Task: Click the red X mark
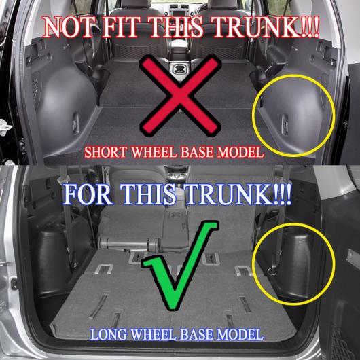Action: tap(180, 95)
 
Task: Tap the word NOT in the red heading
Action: tap(69, 27)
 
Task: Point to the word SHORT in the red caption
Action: tap(105, 152)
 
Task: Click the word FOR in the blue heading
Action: tap(88, 195)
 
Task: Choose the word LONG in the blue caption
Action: tap(108, 335)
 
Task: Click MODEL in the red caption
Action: tap(240, 152)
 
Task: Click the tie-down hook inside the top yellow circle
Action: tap(285, 124)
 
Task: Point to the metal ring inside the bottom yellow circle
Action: tap(272, 272)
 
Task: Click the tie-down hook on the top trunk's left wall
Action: tap(76, 124)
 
